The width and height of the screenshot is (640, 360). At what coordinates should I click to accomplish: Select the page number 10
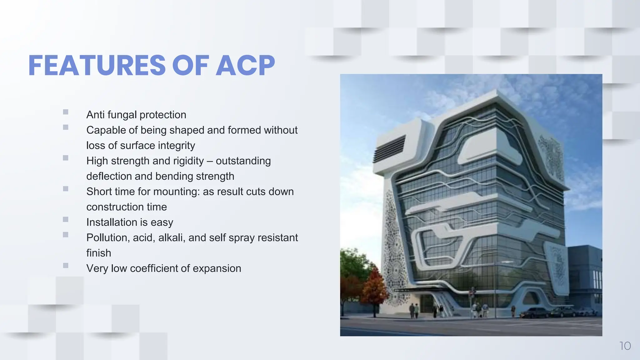(x=625, y=346)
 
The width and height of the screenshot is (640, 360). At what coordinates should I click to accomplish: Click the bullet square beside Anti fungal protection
(x=66, y=112)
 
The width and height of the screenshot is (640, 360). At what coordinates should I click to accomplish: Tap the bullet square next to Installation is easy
(x=66, y=219)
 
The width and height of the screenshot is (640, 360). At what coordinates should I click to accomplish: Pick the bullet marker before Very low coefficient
(x=66, y=265)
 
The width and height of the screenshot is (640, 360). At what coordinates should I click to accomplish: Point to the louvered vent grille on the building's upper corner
(x=389, y=148)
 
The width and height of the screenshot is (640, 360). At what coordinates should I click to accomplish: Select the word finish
(x=98, y=253)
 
